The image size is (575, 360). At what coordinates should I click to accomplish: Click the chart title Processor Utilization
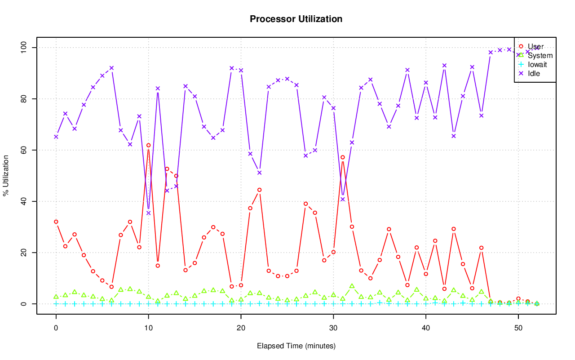click(296, 19)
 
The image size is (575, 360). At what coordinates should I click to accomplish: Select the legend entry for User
click(535, 46)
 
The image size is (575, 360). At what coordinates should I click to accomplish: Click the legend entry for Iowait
click(537, 64)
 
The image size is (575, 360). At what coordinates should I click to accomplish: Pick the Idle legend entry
click(534, 73)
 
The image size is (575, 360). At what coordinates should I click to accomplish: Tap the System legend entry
click(540, 55)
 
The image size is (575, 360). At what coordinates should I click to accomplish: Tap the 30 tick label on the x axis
click(333, 329)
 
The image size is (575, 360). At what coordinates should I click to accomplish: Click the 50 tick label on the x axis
click(518, 329)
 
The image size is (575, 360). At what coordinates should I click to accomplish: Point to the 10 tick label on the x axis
click(148, 329)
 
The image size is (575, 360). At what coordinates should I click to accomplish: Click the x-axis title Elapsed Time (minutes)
click(296, 346)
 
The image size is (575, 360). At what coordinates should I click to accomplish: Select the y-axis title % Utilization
click(6, 176)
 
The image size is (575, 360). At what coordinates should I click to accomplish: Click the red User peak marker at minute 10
click(148, 145)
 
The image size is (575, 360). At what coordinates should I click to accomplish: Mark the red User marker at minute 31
click(342, 157)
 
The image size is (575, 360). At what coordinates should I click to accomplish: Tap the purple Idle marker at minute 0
click(56, 137)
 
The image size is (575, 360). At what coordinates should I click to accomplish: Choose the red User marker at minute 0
click(56, 222)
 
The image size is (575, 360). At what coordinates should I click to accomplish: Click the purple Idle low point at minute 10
click(148, 213)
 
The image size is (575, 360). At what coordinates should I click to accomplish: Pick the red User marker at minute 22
click(259, 190)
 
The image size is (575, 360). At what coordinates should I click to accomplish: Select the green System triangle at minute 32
click(352, 286)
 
